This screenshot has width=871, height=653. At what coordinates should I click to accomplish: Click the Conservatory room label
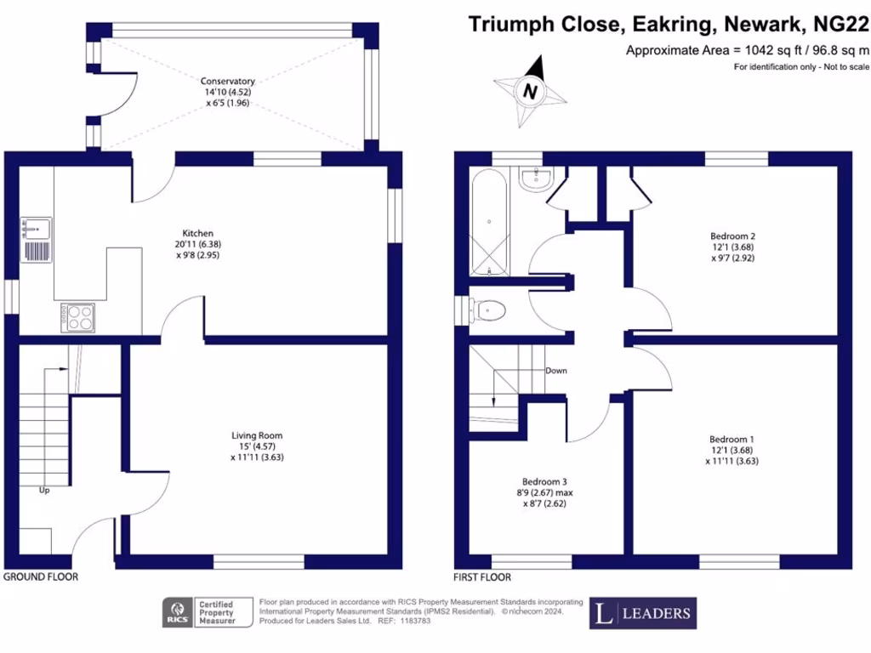click(227, 82)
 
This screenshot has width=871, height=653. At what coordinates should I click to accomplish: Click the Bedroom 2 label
click(732, 236)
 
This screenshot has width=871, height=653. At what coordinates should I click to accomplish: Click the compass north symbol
click(531, 89)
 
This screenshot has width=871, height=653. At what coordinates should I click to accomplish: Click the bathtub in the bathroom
click(489, 222)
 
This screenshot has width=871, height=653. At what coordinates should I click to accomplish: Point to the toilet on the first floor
click(488, 310)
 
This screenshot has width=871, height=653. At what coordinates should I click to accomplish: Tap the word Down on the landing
click(556, 371)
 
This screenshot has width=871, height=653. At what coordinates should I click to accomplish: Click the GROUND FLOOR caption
click(41, 576)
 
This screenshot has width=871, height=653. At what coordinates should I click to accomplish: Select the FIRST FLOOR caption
click(483, 577)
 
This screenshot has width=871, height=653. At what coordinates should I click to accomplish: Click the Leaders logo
click(643, 613)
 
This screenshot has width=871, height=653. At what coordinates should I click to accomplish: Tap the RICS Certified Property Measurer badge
click(208, 613)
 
